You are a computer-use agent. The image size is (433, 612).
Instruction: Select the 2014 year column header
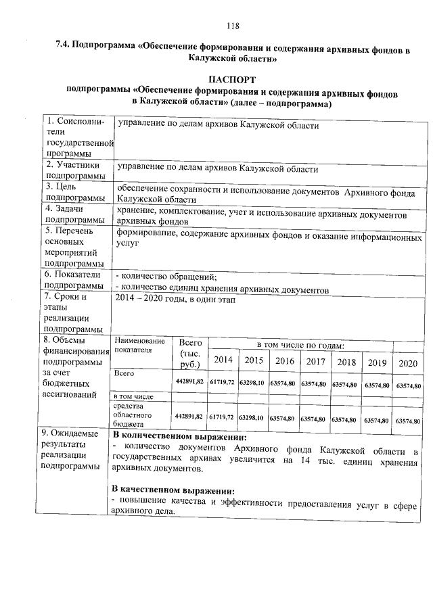pos(223,362)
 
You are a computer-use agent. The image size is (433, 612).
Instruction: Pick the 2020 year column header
pos(408,363)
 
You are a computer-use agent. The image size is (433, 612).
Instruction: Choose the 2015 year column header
pos(254,362)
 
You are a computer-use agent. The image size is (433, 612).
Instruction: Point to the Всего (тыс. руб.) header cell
pos(189,354)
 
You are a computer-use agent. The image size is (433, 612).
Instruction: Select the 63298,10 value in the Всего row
pos(253,383)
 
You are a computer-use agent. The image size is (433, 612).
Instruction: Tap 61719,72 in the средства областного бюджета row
pos(222,419)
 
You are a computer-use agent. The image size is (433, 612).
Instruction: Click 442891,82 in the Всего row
pos(189,383)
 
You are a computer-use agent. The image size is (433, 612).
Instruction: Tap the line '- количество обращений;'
pos(166,277)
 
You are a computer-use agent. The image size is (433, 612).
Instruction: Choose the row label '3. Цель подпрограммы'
pos(75,192)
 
